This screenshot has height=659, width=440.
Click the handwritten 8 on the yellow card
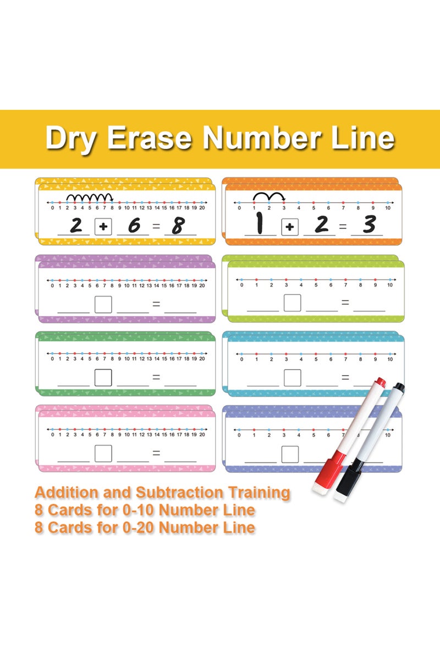pos(178,226)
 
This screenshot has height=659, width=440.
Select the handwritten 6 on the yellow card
pos(131,226)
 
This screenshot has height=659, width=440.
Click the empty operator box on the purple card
pos(103,304)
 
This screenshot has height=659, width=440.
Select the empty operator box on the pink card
pos(103,453)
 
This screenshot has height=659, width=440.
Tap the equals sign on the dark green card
pos(156,378)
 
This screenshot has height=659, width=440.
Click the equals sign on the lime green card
pos(345,303)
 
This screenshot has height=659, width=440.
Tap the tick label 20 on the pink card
pos(202,434)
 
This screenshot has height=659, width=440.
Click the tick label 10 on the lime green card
pos(389,285)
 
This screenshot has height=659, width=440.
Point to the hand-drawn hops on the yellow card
pos(90,197)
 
